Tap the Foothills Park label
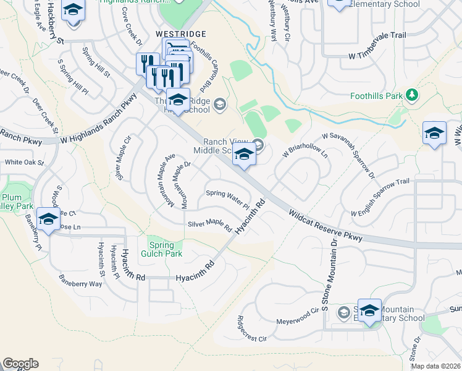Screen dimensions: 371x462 (376, 96)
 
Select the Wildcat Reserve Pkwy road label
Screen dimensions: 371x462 (324, 226)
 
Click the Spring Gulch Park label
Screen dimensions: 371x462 (165, 249)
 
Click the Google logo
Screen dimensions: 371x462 (20, 363)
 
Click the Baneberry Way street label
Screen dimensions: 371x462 (80, 280)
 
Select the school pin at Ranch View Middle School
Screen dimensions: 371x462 (244, 156)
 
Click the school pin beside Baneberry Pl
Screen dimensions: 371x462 (48, 220)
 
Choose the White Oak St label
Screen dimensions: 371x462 (24, 163)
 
